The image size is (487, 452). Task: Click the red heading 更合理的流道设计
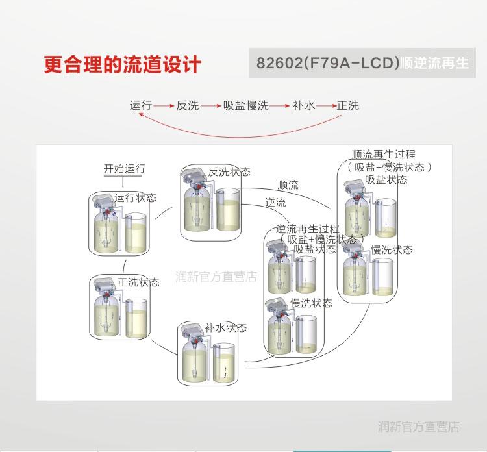click(x=123, y=64)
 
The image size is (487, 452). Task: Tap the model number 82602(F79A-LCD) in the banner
click(x=327, y=64)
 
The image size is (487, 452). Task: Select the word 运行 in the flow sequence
click(x=140, y=105)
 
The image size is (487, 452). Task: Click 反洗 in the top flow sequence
click(x=188, y=105)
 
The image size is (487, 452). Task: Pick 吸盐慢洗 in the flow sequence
click(x=245, y=105)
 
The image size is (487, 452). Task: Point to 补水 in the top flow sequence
click(x=304, y=105)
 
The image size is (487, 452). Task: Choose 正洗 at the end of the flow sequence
click(x=348, y=105)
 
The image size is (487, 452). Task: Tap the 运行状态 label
click(x=136, y=197)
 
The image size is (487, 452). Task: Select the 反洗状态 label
click(x=229, y=172)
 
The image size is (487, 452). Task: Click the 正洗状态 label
click(x=138, y=282)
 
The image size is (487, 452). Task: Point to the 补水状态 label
click(x=226, y=328)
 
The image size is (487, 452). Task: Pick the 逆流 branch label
click(x=275, y=203)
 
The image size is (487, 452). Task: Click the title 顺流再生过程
click(x=383, y=155)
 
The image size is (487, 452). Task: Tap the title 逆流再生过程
click(x=308, y=229)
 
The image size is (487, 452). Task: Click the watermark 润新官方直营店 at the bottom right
click(x=419, y=427)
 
